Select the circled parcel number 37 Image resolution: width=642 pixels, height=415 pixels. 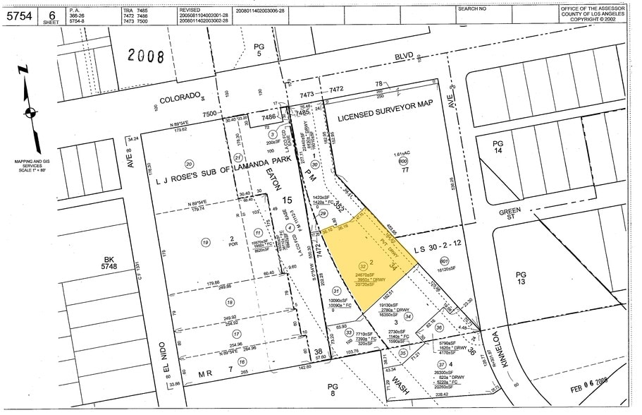(x=442, y=363)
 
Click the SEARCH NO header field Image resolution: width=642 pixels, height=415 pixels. (x=472, y=9)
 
